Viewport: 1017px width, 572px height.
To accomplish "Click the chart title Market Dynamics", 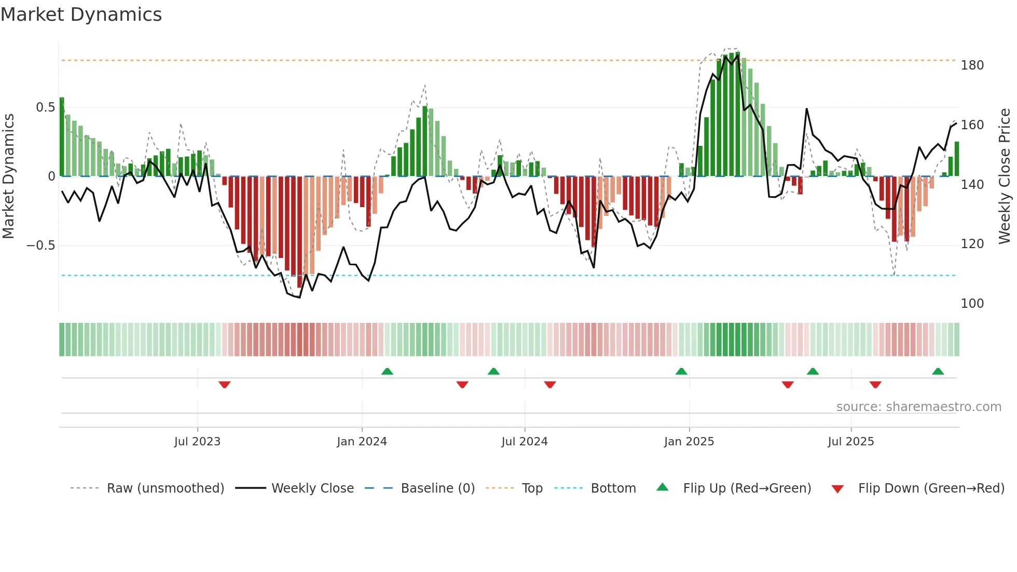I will [x=81, y=15].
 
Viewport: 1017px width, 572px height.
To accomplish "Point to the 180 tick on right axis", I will [x=972, y=65].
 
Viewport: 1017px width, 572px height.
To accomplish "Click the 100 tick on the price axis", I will [x=972, y=304].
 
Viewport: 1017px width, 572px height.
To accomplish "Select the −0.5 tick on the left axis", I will [x=41, y=246].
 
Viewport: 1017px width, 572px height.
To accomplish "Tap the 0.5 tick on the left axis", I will [x=45, y=107].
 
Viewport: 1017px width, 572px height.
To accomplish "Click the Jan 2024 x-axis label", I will [x=362, y=442].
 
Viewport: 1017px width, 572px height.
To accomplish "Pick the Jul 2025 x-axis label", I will [x=850, y=442].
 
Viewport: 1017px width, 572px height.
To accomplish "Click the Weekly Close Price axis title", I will [x=1005, y=176].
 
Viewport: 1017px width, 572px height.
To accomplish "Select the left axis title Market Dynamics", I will [x=9, y=176].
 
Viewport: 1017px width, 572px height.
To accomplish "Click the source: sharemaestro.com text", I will [x=918, y=407].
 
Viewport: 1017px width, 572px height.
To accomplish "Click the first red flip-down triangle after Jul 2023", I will [x=225, y=385].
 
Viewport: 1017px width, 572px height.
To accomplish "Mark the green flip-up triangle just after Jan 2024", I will [x=387, y=371].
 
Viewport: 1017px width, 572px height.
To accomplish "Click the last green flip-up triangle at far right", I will [x=938, y=371].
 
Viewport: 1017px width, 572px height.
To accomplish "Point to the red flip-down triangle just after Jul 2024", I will [x=550, y=385].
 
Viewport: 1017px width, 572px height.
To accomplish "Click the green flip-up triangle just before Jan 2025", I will [x=681, y=371].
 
